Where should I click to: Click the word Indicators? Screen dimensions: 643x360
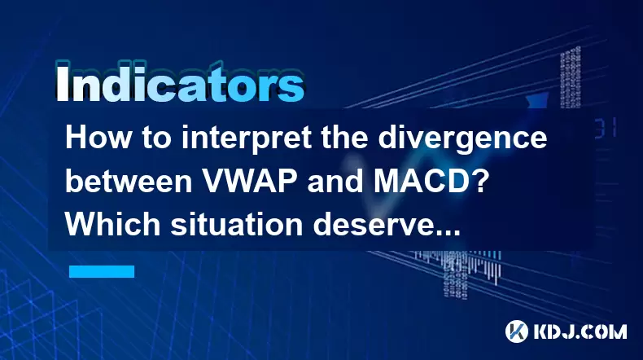pyautogui.click(x=180, y=85)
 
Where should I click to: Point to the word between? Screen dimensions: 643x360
pyautogui.click(x=129, y=182)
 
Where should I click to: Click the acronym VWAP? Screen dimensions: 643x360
pyautogui.click(x=251, y=182)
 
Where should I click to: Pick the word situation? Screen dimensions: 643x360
pyautogui.click(x=237, y=224)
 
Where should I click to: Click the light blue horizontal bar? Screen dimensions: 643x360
pyautogui.click(x=102, y=271)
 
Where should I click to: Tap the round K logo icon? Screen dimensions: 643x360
pyautogui.click(x=517, y=331)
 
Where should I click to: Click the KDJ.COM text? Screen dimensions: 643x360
pyautogui.click(x=580, y=331)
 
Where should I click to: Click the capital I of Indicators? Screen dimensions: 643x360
pyautogui.click(x=62, y=85)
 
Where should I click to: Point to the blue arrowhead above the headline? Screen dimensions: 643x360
pyautogui.click(x=537, y=100)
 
